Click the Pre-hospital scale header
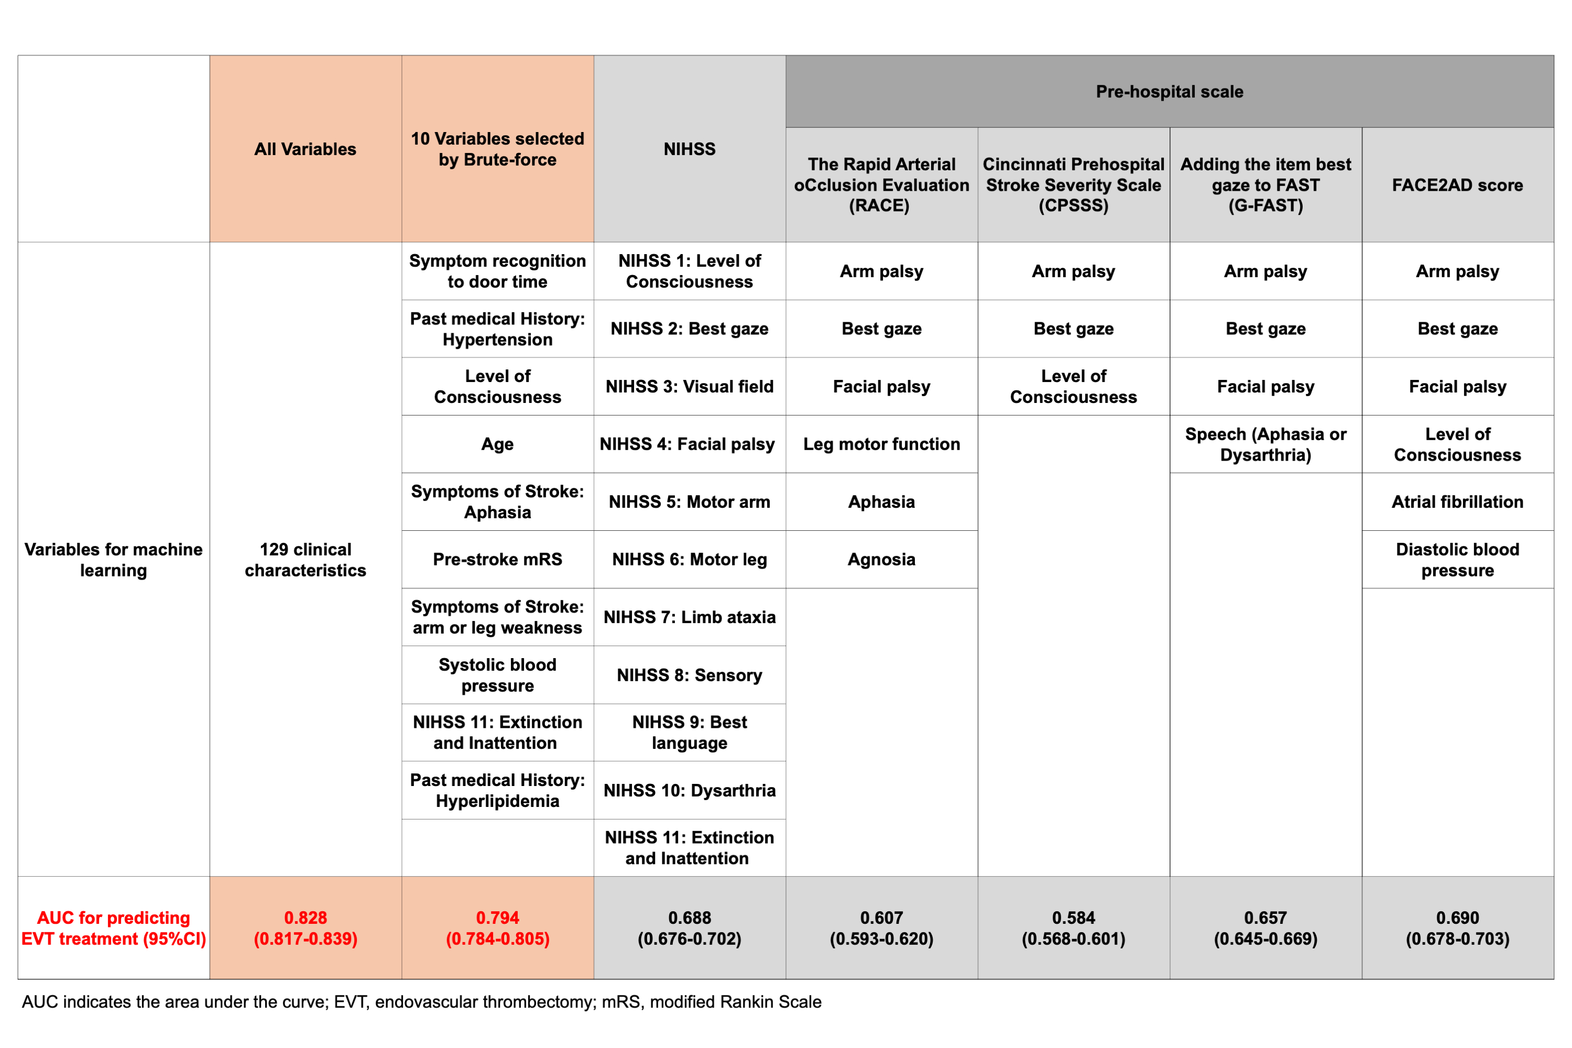[1169, 92]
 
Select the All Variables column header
[305, 149]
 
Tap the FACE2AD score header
[1457, 185]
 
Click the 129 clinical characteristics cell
[305, 560]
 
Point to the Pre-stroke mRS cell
[497, 560]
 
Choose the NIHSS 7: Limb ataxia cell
[689, 617]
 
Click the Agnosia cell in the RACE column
[881, 560]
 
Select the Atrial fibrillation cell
[1457, 502]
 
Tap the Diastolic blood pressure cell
[1457, 560]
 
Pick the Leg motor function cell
[881, 444]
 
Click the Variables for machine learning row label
[113, 560]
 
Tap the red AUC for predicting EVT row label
[113, 927]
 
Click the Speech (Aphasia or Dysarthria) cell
[1265, 444]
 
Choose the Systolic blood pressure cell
[497, 675]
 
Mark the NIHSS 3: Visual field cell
[689, 386]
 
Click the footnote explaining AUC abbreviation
[421, 1002]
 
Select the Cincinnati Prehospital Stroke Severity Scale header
[1073, 185]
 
